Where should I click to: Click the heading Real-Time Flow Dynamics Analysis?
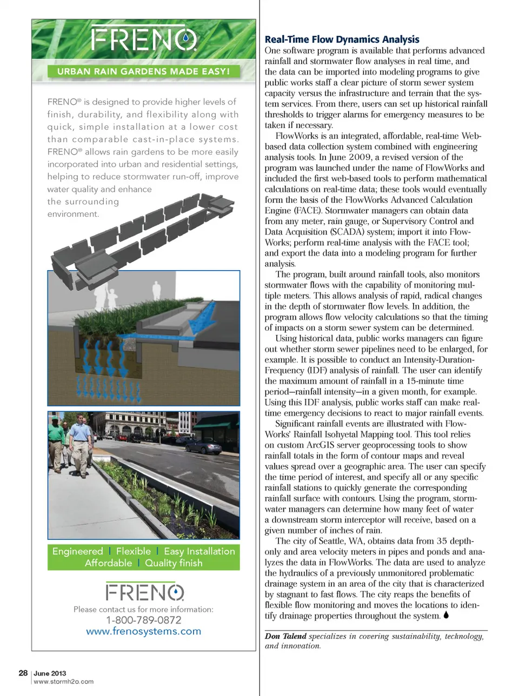pos(342,39)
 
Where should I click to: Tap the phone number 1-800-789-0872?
pos(143,620)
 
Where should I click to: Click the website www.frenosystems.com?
pos(143,631)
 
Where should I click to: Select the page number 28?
pos(23,673)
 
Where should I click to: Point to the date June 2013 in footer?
pos(50,673)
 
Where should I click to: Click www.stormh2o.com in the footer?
pos(63,682)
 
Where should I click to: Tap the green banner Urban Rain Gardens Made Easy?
pos(143,71)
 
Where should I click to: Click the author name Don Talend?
pos(285,636)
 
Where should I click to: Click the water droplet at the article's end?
pos(447,615)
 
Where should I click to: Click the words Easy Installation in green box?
pos(199,551)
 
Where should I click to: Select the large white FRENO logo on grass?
pos(143,39)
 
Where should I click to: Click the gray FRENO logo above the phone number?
pos(144,592)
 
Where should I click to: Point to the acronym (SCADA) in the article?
pos(347,232)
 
